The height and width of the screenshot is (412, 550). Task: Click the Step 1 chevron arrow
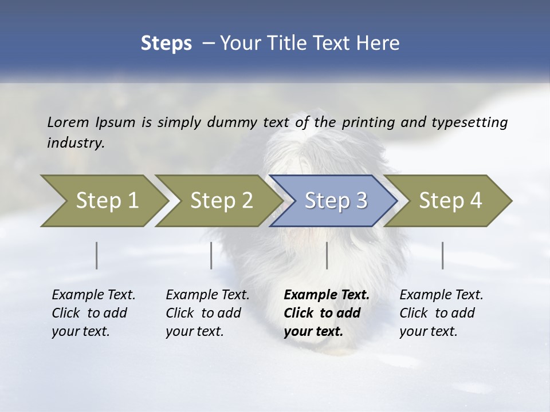click(103, 201)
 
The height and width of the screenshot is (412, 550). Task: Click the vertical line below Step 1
click(97, 255)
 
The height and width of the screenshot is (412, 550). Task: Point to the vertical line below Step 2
click(211, 255)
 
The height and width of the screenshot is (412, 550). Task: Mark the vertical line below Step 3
click(327, 255)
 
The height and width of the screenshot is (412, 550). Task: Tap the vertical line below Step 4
click(443, 255)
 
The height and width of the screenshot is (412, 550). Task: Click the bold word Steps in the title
click(166, 43)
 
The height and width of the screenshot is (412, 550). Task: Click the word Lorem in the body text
click(68, 122)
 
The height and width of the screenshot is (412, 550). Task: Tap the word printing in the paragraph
click(367, 122)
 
